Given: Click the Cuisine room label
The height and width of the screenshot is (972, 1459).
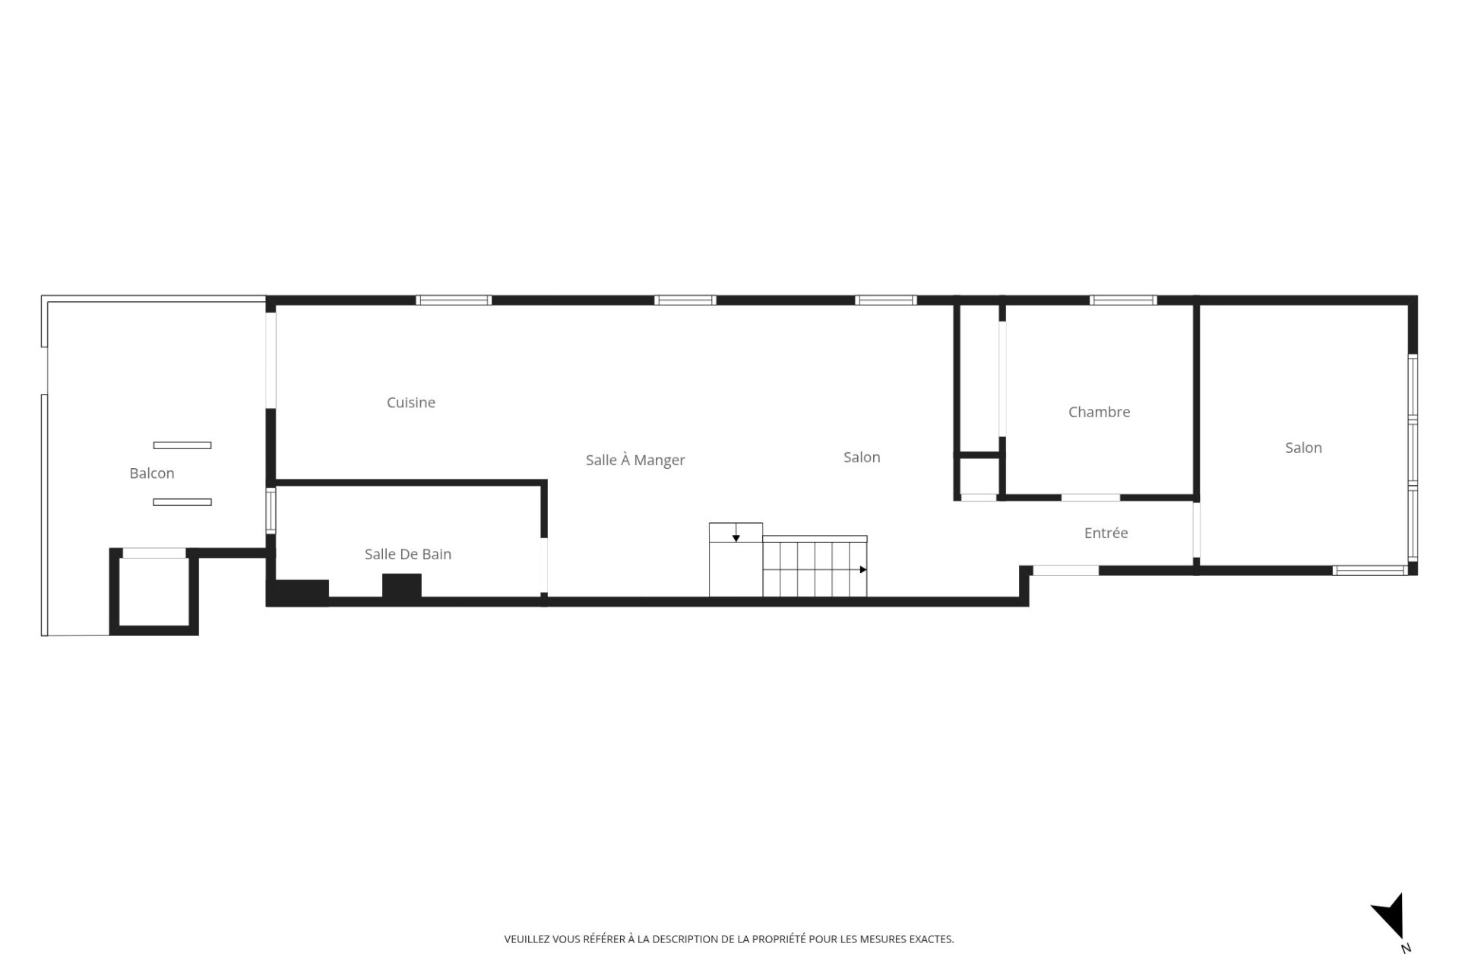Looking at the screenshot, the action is click(x=410, y=403).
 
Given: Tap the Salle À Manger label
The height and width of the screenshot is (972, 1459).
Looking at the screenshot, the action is click(x=635, y=460).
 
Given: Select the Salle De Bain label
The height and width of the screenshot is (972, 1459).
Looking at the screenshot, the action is click(x=408, y=554).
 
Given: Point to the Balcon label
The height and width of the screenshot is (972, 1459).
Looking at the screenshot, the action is click(x=152, y=473).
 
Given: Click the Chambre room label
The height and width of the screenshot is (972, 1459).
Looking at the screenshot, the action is click(x=1099, y=412).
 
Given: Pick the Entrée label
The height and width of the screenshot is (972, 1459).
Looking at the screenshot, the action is click(x=1106, y=533).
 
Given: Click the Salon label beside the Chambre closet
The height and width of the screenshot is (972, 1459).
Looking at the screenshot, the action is click(x=862, y=457).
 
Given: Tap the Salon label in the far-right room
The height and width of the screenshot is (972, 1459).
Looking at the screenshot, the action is click(x=1303, y=448).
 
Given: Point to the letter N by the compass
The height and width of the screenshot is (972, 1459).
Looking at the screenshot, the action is click(x=1406, y=948).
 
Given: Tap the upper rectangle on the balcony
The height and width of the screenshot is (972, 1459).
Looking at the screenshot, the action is click(x=182, y=445).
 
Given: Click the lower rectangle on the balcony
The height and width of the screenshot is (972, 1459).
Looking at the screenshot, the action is click(x=182, y=502).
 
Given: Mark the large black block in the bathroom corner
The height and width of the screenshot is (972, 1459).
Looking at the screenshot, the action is click(x=298, y=592).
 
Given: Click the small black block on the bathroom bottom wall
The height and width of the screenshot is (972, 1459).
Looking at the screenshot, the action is click(x=401, y=587).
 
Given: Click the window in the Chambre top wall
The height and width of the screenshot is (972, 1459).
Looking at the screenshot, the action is click(x=1123, y=300).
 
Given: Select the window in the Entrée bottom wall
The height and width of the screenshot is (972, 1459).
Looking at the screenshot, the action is click(x=1065, y=570).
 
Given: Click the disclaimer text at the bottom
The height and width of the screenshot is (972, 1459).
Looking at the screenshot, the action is click(x=729, y=939).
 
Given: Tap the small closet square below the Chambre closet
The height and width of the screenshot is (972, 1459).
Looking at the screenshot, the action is click(x=979, y=477).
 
